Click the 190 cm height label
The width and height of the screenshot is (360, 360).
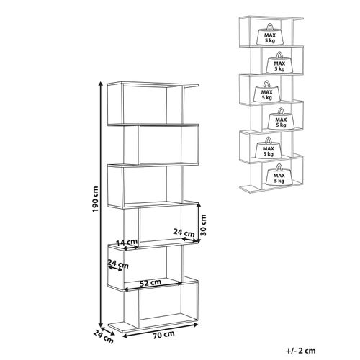click(x=96, y=199)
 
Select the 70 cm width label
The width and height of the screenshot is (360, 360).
click(x=163, y=335)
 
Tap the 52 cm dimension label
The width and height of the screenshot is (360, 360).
click(x=150, y=283)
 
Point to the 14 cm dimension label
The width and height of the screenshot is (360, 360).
click(x=127, y=243)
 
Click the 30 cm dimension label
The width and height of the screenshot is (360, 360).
click(x=203, y=225)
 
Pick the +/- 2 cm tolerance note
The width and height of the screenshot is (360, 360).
click(x=301, y=351)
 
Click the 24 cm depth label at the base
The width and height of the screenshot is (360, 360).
click(x=104, y=336)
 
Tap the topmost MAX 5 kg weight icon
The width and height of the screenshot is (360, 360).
click(x=270, y=34)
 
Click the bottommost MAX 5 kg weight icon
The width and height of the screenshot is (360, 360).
click(x=279, y=174)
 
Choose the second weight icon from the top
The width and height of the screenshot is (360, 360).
click(x=279, y=63)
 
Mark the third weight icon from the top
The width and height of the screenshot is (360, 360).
click(x=267, y=91)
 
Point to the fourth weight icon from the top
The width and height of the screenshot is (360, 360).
click(x=281, y=119)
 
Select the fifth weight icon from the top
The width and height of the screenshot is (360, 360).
click(x=269, y=148)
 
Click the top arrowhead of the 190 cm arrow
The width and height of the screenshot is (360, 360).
click(x=101, y=84)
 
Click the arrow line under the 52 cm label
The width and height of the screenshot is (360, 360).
click(x=153, y=287)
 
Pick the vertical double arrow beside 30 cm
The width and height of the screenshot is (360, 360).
click(x=198, y=222)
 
